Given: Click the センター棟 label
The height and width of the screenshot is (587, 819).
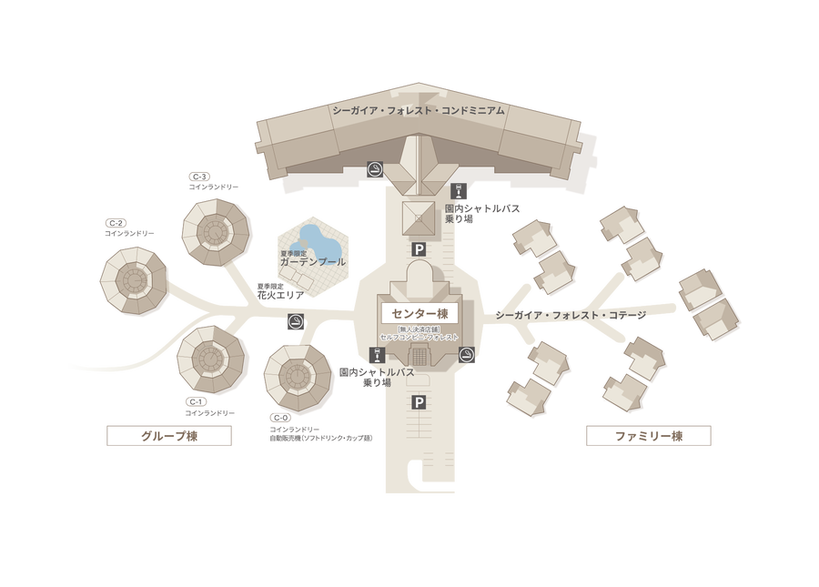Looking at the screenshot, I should pyautogui.click(x=420, y=313).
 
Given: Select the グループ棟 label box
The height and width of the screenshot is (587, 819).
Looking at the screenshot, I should pyautogui.click(x=169, y=436).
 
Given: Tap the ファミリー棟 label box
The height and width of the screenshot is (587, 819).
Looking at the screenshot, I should pyautogui.click(x=647, y=437).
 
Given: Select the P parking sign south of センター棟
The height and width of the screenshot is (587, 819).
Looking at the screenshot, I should pyautogui.click(x=420, y=402).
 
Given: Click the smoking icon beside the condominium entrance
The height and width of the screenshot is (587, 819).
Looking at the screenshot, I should pyautogui.click(x=374, y=168).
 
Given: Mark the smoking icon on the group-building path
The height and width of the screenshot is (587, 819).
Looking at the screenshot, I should pyautogui.click(x=295, y=321).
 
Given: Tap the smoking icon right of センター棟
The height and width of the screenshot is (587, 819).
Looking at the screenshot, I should pyautogui.click(x=466, y=354).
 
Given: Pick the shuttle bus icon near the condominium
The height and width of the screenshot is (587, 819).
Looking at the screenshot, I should pyautogui.click(x=460, y=190).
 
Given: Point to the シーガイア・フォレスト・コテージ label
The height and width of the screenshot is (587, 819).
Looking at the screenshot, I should pyautogui.click(x=571, y=316).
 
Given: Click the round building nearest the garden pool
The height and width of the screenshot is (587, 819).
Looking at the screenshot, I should pyautogui.click(x=216, y=233).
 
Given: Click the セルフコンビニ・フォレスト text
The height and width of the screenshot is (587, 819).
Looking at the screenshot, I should pyautogui.click(x=420, y=337).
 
